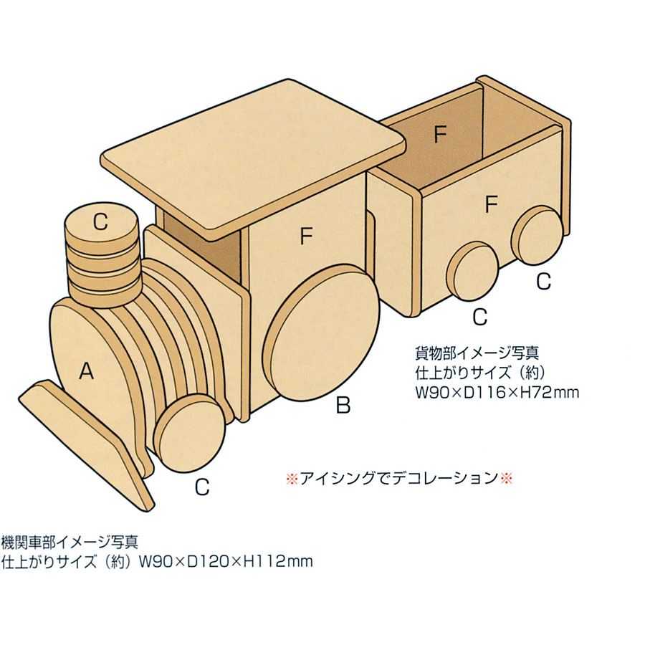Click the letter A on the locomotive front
click(87, 371)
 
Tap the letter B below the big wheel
click(343, 405)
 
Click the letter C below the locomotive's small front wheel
click(202, 487)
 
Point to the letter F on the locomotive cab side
click(307, 236)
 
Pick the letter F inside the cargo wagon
click(441, 134)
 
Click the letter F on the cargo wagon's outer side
click(492, 204)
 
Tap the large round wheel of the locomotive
click(321, 333)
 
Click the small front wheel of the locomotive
click(190, 433)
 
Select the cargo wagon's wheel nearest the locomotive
click(473, 271)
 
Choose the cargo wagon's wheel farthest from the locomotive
click(537, 235)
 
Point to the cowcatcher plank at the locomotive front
click(87, 445)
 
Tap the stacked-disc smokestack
click(101, 255)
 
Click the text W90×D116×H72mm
click(497, 393)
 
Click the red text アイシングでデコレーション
click(398, 478)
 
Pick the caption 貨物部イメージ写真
click(477, 353)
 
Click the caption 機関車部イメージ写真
click(70, 543)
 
